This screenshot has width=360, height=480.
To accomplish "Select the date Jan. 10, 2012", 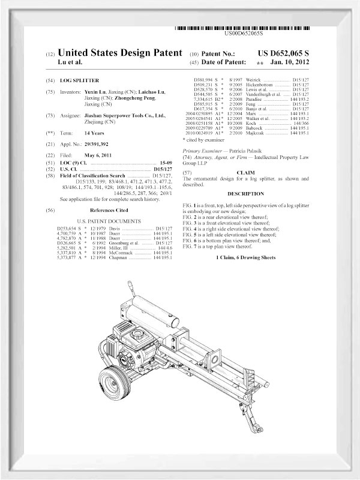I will pyautogui.click(x=290, y=62).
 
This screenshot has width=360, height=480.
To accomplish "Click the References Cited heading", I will pyautogui.click(x=109, y=211).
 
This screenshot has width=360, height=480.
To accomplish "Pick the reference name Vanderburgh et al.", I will pyautogui.click(x=262, y=94).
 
